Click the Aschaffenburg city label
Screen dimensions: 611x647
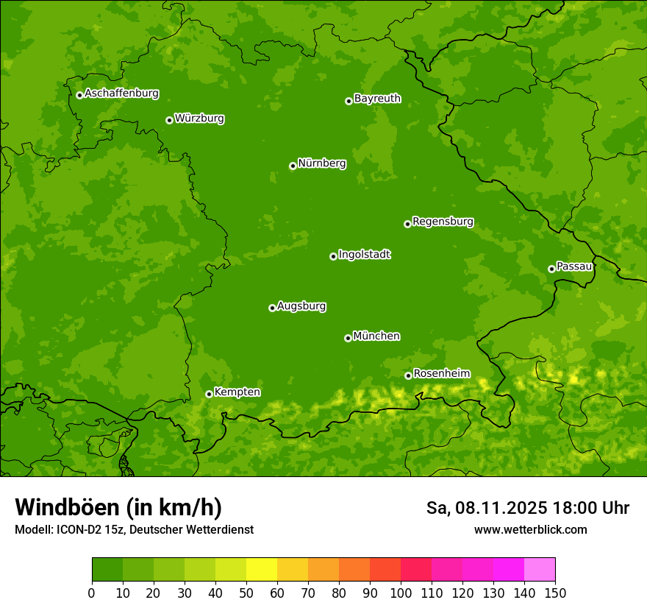click(121, 93)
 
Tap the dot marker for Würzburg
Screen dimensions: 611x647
click(169, 120)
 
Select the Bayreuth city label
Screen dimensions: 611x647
click(377, 99)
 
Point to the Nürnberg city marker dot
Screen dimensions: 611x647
click(293, 166)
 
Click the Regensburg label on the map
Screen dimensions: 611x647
click(443, 222)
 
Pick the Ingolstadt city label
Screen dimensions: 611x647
click(364, 255)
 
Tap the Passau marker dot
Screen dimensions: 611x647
click(551, 269)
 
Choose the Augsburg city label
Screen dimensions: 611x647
click(301, 306)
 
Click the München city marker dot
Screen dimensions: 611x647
click(348, 338)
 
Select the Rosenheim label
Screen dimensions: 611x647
click(441, 374)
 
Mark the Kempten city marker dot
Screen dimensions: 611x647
click(209, 394)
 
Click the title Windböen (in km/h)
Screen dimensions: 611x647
click(118, 507)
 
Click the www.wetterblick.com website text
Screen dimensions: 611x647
click(530, 529)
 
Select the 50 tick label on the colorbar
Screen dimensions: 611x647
click(246, 593)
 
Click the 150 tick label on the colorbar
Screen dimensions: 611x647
click(555, 593)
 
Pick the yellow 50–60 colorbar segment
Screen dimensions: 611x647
click(262, 570)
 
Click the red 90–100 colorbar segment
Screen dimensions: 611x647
click(385, 570)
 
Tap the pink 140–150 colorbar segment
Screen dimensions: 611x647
click(540, 570)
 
